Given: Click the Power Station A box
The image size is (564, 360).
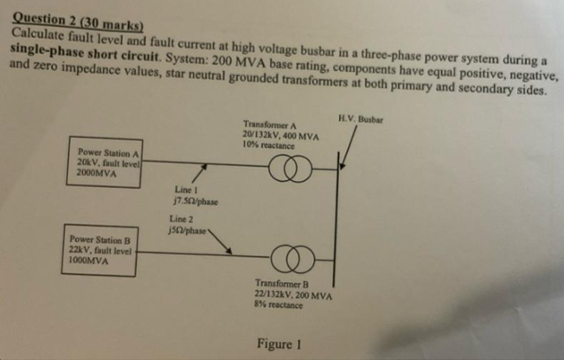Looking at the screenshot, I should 107,164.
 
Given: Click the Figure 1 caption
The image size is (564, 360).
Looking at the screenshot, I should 278,344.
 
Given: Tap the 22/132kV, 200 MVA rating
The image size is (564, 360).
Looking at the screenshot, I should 294,296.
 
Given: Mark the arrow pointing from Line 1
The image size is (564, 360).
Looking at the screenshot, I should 201,172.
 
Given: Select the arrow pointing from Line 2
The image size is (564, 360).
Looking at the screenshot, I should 219,241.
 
